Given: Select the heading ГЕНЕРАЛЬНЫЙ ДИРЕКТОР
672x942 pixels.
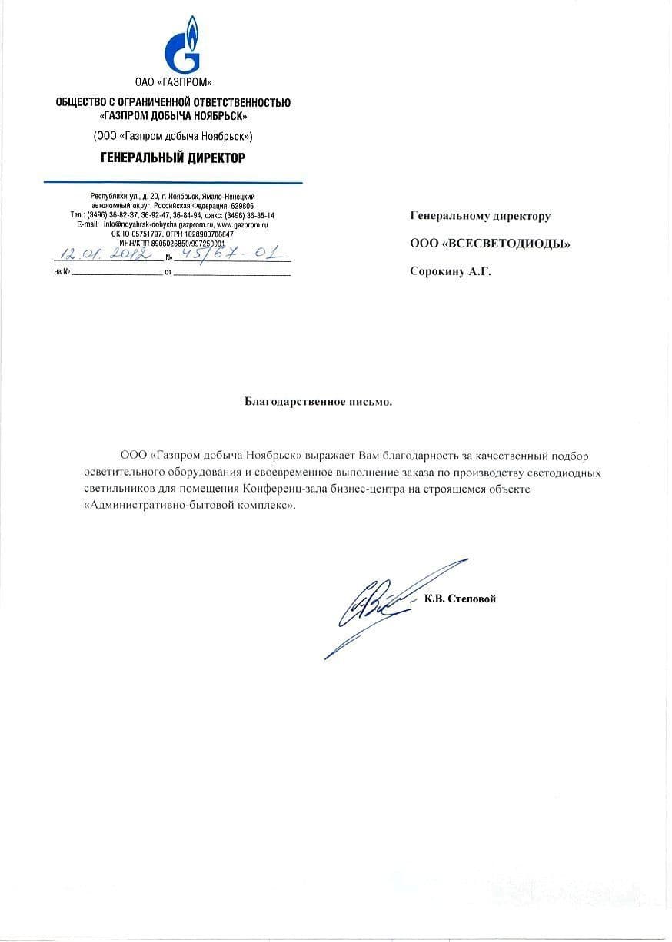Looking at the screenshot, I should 173,158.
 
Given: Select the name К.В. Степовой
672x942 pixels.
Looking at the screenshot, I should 460,599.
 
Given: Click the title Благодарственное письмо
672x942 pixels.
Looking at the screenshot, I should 318,401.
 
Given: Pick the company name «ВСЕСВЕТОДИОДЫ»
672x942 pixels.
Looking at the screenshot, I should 507,244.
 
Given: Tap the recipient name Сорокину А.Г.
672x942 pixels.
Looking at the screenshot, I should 450,270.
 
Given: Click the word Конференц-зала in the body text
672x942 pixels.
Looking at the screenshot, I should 278,489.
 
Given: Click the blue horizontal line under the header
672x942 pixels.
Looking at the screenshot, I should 173,182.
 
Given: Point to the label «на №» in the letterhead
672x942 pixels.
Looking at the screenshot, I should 62,273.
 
